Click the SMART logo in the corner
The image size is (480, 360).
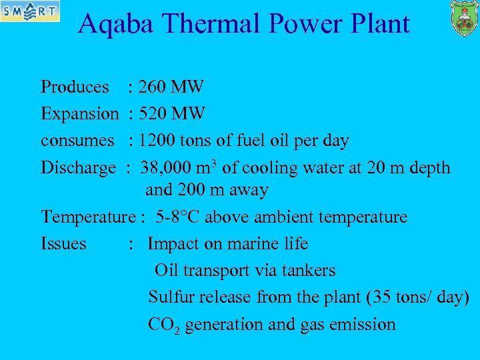(30, 11)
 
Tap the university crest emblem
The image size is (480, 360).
(463, 18)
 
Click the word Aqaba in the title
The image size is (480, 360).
(117, 24)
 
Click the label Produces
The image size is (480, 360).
(75, 87)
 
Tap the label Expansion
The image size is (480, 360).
(79, 113)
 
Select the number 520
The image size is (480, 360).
(153, 113)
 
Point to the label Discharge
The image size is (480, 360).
(78, 167)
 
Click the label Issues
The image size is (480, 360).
(63, 244)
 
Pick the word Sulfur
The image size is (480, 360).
(167, 297)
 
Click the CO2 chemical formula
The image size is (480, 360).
(163, 325)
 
